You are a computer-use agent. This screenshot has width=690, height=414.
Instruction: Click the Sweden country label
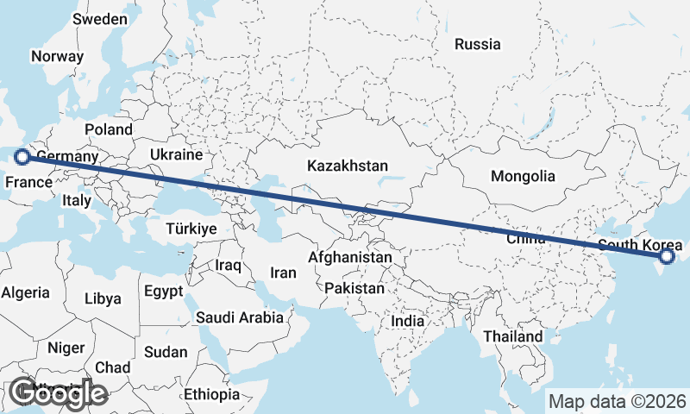click(100, 19)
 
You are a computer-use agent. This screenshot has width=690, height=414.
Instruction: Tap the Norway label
click(57, 57)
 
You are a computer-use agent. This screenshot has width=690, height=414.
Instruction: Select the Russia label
click(477, 44)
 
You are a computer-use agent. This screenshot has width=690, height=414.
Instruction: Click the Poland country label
click(109, 130)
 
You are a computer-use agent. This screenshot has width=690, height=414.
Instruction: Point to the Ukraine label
click(175, 154)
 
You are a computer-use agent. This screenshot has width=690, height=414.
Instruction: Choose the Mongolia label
click(523, 176)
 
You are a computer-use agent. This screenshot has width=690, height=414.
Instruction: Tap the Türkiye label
click(192, 229)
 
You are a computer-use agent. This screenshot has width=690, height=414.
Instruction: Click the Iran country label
click(283, 273)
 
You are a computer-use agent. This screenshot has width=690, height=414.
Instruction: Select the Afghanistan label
click(350, 257)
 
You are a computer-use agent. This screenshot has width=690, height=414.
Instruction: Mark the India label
click(408, 321)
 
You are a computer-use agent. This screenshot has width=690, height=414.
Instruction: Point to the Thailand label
click(513, 336)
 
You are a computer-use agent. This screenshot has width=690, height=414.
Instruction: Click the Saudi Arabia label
click(240, 317)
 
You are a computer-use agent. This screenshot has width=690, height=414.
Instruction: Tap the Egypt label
click(164, 292)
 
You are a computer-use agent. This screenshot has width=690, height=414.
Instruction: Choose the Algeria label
click(26, 292)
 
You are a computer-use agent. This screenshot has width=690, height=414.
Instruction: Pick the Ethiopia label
click(211, 394)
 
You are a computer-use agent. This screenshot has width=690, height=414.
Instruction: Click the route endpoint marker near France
click(22, 157)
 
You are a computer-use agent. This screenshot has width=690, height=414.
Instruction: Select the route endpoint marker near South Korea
click(667, 256)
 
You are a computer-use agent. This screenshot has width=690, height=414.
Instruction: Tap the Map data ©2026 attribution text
click(618, 401)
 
